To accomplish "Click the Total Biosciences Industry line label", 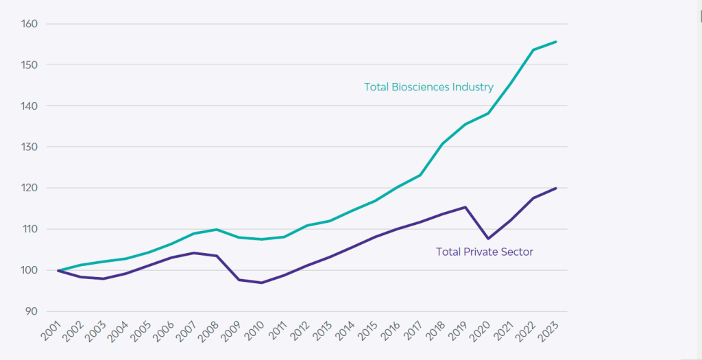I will [x=428, y=87].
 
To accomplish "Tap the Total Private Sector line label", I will [x=485, y=252].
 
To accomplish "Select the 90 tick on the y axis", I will [x=31, y=311].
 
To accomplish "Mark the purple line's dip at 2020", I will [x=487, y=239].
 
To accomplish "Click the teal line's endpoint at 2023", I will [x=555, y=42].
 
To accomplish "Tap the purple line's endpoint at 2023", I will [x=555, y=188].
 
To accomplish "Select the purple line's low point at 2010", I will [x=262, y=283].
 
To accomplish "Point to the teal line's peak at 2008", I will [x=217, y=229].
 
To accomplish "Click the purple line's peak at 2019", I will [x=465, y=207].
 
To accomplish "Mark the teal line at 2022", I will [x=533, y=49].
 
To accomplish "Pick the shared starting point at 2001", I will [x=58, y=270].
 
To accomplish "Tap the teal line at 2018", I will [x=442, y=144].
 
